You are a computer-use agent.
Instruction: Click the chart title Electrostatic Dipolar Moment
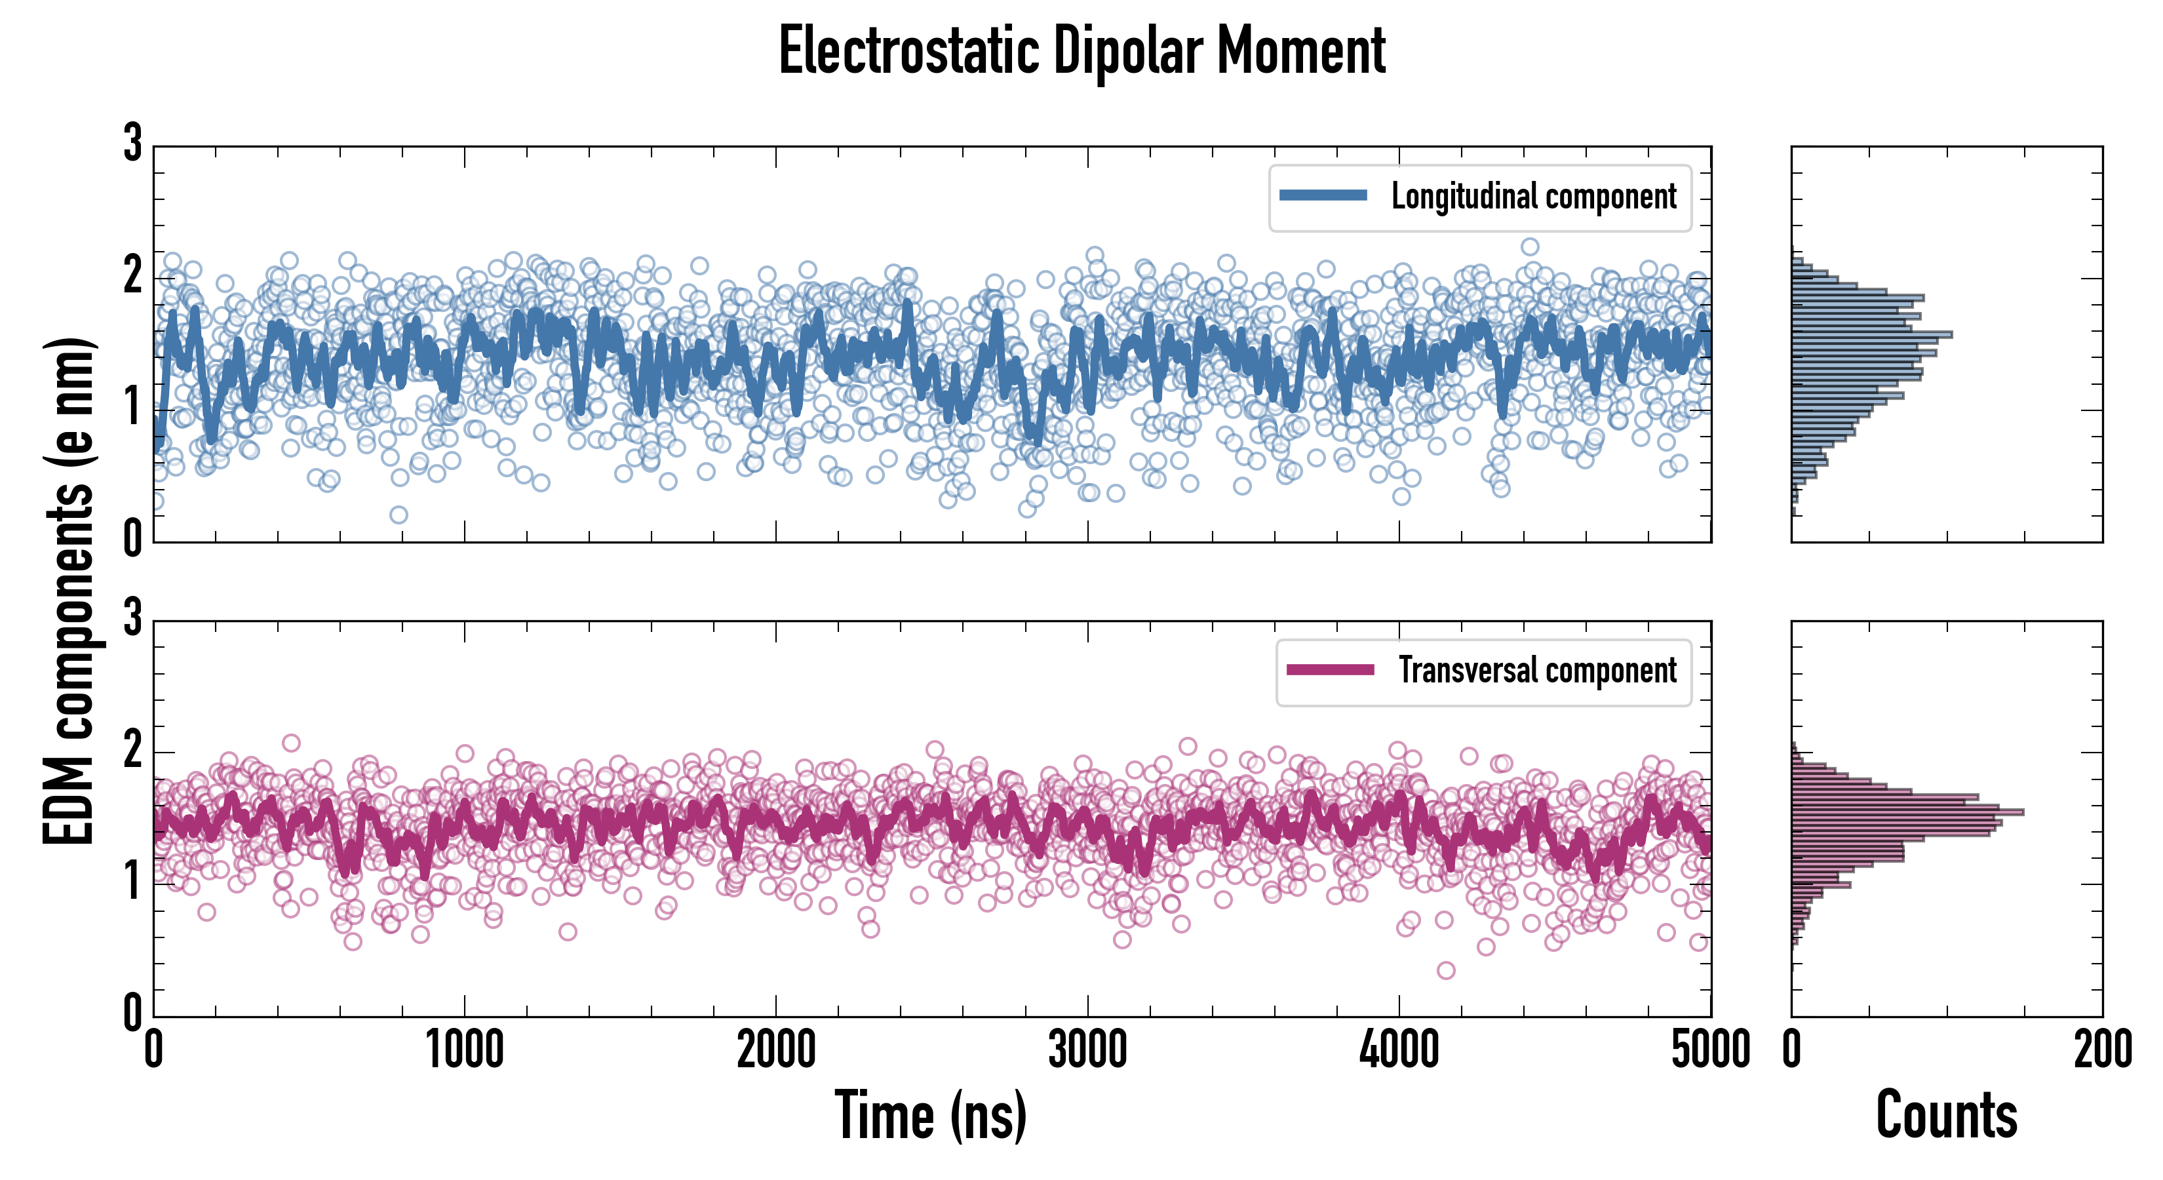tap(1081, 52)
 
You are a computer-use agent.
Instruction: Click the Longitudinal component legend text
tap(1533, 197)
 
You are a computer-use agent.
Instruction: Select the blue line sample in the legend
tap(1323, 196)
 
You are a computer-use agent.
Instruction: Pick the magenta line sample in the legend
tap(1330, 669)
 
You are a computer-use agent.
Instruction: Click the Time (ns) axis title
tap(930, 1115)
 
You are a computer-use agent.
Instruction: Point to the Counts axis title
tap(1946, 1115)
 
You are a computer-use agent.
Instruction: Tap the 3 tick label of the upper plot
tap(132, 144)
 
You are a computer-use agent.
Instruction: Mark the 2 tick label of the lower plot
tap(132, 750)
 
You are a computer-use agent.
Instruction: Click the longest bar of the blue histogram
tap(1871, 334)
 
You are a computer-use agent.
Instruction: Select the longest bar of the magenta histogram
tap(1906, 812)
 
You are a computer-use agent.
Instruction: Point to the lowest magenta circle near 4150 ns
tap(1446, 971)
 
